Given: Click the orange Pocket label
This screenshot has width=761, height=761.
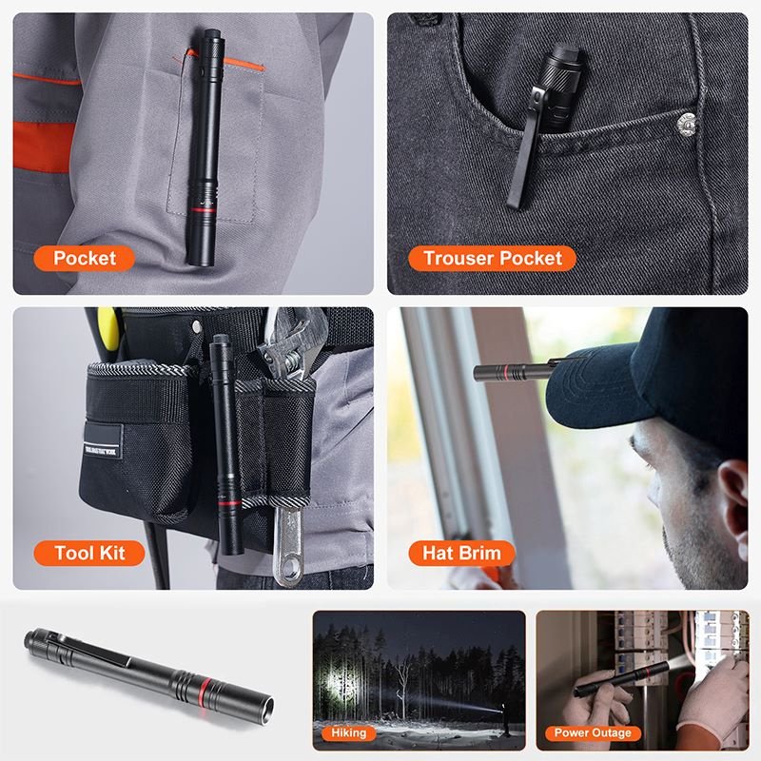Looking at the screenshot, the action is click(x=84, y=258).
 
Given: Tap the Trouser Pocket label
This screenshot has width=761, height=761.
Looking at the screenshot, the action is click(x=492, y=258).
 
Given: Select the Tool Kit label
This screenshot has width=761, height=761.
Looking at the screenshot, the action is click(x=89, y=553).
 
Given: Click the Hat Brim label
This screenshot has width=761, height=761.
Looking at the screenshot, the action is click(x=461, y=553).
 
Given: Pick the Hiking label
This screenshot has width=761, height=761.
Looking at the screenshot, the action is click(x=348, y=732).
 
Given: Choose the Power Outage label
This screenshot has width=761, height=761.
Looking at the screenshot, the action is click(x=593, y=732).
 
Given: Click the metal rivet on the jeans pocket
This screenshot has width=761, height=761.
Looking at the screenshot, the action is click(x=686, y=124).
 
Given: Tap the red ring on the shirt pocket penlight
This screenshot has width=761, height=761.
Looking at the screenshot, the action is click(x=202, y=210).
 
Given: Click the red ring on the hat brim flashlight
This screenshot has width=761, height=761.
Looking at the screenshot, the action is click(x=506, y=372).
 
